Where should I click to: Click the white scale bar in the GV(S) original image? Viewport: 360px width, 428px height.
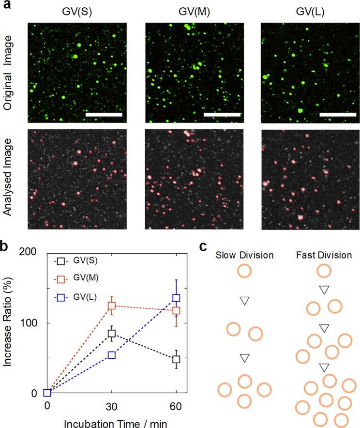pos(103,115)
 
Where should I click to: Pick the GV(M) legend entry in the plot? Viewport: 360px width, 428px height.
pos(94,279)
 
